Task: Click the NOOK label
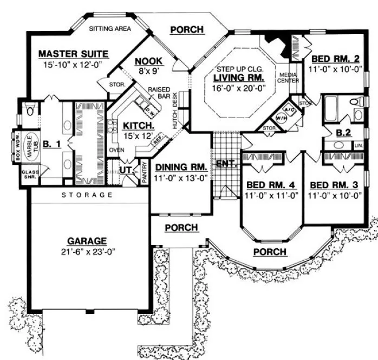point(146,61)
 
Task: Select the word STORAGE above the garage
point(87,195)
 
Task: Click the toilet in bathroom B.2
point(355,101)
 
